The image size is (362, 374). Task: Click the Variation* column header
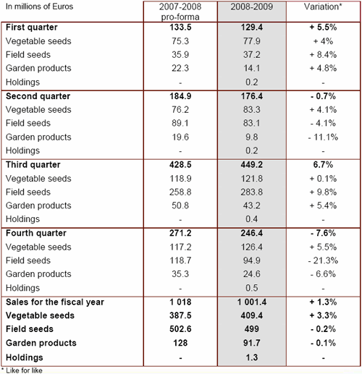coord(323,7)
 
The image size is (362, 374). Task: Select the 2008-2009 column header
coord(252,7)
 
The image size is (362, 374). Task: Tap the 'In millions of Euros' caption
coord(39,7)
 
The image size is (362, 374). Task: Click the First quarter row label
coord(32,27)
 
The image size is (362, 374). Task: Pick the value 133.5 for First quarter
coord(180,27)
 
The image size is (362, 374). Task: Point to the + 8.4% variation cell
coord(323,55)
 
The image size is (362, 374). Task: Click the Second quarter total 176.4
coord(252,96)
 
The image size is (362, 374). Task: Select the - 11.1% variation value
coord(323,137)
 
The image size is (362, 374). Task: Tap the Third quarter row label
coord(33,165)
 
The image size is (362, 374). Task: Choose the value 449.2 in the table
coord(252,165)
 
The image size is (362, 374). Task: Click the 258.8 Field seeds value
coord(180,192)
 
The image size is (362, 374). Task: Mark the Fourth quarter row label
coord(36,233)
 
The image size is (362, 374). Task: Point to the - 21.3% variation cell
coord(323,260)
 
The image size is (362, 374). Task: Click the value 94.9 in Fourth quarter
coord(252,260)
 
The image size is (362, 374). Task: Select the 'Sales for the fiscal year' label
coord(55,302)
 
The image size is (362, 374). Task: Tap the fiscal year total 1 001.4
coord(252,302)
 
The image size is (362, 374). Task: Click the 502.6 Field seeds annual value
coord(180,329)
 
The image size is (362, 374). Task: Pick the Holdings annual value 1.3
coord(252,357)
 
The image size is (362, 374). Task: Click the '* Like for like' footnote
coord(22,370)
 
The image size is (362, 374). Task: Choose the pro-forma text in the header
coord(180,17)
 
